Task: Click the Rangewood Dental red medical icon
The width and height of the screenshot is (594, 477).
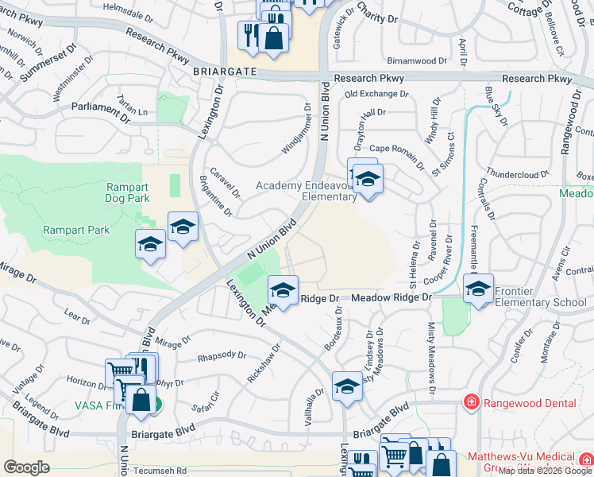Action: tap(471, 403)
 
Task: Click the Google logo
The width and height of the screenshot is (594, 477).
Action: tap(26, 467)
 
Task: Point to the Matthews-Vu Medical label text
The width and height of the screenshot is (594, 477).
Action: tap(521, 456)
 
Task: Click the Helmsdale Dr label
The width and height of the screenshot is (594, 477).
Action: tap(128, 14)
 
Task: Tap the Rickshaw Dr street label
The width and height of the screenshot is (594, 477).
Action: tap(264, 363)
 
